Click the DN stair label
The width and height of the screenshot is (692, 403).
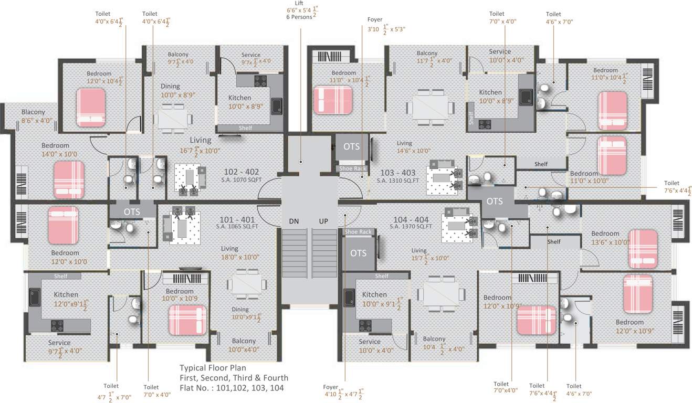[294, 221]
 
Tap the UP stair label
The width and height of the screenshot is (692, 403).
[323, 221]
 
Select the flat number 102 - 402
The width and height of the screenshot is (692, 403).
[242, 172]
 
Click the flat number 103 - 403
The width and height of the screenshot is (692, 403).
[397, 173]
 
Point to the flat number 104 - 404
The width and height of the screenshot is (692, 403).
[411, 219]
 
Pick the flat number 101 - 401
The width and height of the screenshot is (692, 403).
[237, 219]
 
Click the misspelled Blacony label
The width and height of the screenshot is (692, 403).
[33, 112]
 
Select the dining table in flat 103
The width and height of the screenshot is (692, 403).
[430, 108]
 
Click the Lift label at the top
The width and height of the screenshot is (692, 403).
[299, 3]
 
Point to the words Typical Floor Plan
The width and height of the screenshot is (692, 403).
[213, 368]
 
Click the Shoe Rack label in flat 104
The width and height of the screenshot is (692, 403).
[358, 231]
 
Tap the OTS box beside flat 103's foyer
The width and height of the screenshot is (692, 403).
[352, 147]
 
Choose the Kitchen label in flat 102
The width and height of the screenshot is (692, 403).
[239, 98]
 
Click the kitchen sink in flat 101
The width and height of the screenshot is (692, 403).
[35, 297]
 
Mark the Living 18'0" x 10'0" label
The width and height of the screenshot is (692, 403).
[240, 253]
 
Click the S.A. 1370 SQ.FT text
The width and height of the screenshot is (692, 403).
[411, 226]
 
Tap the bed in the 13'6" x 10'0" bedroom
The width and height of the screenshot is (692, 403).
[643, 249]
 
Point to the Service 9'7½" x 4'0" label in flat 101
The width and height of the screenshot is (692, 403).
[65, 348]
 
